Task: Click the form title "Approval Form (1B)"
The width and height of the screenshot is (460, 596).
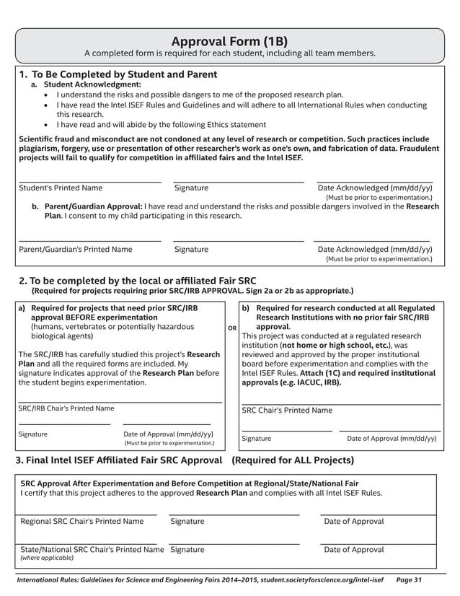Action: pos(230,40)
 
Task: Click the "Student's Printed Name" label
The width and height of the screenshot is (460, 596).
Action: pos(61,188)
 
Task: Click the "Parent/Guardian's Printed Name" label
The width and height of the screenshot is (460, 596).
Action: pos(75,250)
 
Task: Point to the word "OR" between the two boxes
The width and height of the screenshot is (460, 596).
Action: pos(232,328)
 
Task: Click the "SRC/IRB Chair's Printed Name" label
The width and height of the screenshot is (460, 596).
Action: pos(66,408)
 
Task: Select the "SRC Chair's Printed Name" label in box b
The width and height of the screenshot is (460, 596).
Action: pos(287,411)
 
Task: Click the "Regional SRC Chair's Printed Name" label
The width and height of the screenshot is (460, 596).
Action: pos(82,521)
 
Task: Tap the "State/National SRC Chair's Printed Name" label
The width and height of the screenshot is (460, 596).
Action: pos(92,549)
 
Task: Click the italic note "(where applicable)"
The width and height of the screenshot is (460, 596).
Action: pos(47,558)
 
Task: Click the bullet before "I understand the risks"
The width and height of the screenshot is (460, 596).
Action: pos(48,95)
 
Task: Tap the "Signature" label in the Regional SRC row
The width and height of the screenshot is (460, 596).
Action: pos(187,521)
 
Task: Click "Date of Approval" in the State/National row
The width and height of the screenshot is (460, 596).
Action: pos(354,549)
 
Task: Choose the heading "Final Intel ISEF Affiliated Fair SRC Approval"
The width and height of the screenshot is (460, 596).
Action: pos(118,460)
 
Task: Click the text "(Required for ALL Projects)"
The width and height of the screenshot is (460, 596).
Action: pos(292,460)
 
